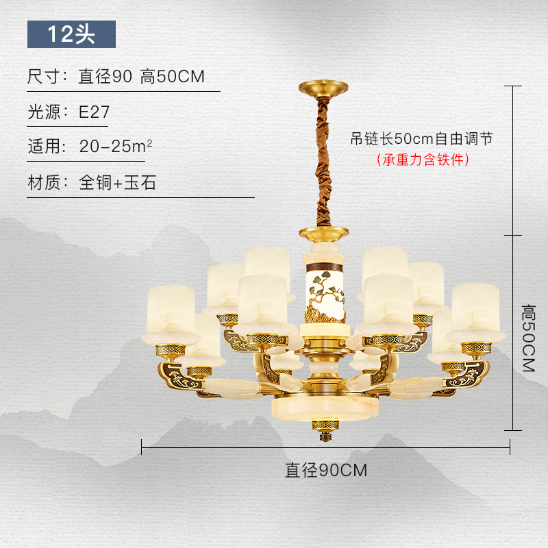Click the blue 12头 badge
coord(71,34)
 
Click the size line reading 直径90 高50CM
coord(141,77)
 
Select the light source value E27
coord(94,112)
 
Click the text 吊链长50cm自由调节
coord(422,138)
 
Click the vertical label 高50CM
coord(527,338)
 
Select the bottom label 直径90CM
coord(326,471)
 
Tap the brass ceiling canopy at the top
coord(323,90)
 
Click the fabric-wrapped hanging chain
coord(323,164)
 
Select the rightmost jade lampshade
coord(477,308)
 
